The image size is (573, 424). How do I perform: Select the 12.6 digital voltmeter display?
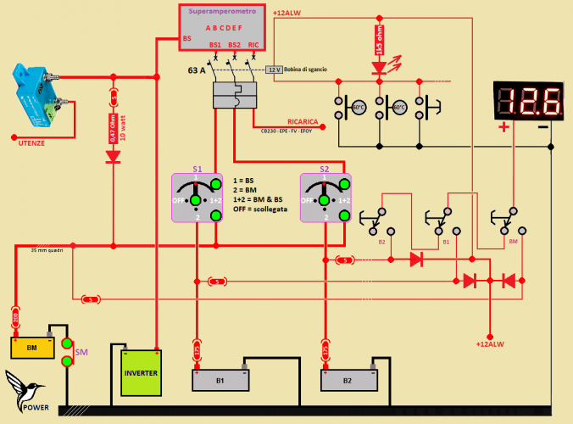point(528,101)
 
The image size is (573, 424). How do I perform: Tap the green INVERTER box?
point(141,372)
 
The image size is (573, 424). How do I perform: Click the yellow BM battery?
point(32,347)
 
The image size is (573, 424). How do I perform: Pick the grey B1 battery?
point(220,380)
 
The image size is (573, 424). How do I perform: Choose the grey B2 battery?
point(348,380)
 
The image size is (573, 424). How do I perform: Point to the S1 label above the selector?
point(197,169)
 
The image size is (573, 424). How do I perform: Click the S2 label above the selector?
point(324,169)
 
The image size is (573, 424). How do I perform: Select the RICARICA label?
point(303,121)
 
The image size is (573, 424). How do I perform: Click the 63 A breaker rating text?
point(197,71)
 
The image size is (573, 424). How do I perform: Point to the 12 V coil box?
point(274,70)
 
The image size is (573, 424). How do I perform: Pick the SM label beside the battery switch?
point(82,351)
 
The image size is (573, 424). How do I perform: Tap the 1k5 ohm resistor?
point(379,39)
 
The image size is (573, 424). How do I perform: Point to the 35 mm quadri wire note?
point(47,250)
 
